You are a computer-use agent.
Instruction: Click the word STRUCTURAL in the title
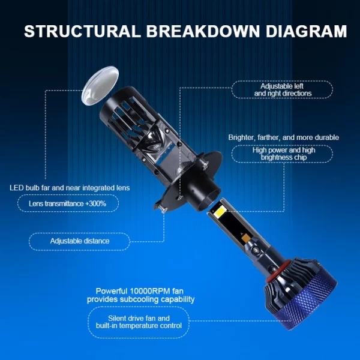click(82, 31)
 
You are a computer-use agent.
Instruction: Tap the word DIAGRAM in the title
click(306, 31)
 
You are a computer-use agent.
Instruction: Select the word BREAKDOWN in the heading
click(203, 31)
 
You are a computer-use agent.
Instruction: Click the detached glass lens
click(100, 86)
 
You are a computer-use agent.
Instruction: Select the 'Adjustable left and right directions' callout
click(282, 90)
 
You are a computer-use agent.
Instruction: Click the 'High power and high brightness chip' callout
click(282, 154)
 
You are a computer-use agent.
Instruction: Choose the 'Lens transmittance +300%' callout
click(68, 203)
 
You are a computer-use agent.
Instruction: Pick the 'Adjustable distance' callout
click(79, 241)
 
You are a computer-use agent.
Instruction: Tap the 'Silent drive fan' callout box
click(139, 322)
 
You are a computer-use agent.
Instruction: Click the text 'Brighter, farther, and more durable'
click(284, 137)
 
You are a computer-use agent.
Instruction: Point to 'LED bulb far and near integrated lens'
click(70, 188)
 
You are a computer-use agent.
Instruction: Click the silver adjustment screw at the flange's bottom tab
click(163, 208)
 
